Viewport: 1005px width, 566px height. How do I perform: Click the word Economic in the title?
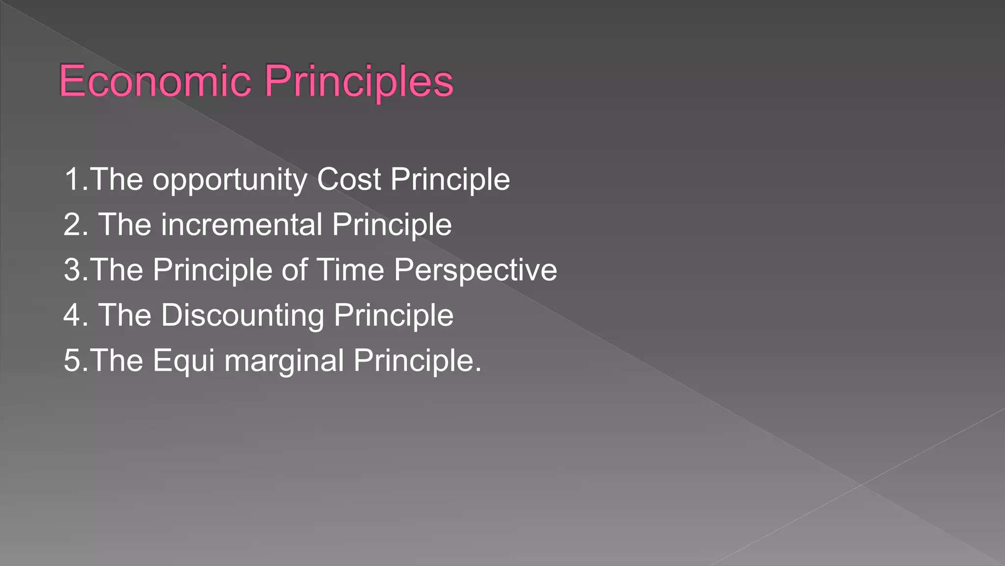pos(155,81)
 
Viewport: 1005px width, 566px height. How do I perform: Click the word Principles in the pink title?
pos(359,81)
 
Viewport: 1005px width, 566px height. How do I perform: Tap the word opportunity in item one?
pos(230,180)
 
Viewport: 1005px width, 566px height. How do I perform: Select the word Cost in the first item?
pos(349,180)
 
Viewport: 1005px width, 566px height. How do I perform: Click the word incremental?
pos(241,225)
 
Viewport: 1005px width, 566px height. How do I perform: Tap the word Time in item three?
pos(350,270)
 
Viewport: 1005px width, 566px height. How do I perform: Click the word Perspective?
pos(475,271)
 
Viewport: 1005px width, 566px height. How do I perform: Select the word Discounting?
pos(242,315)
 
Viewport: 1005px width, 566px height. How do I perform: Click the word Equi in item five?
pos(184,361)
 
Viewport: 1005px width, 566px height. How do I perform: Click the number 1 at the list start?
pos(73,180)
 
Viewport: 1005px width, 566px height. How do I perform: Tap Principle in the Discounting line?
pos(394,315)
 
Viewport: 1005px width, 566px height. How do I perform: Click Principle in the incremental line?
pos(392,225)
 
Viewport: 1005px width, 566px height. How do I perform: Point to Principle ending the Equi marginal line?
pos(415,361)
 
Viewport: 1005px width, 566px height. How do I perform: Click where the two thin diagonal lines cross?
pos(861,485)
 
